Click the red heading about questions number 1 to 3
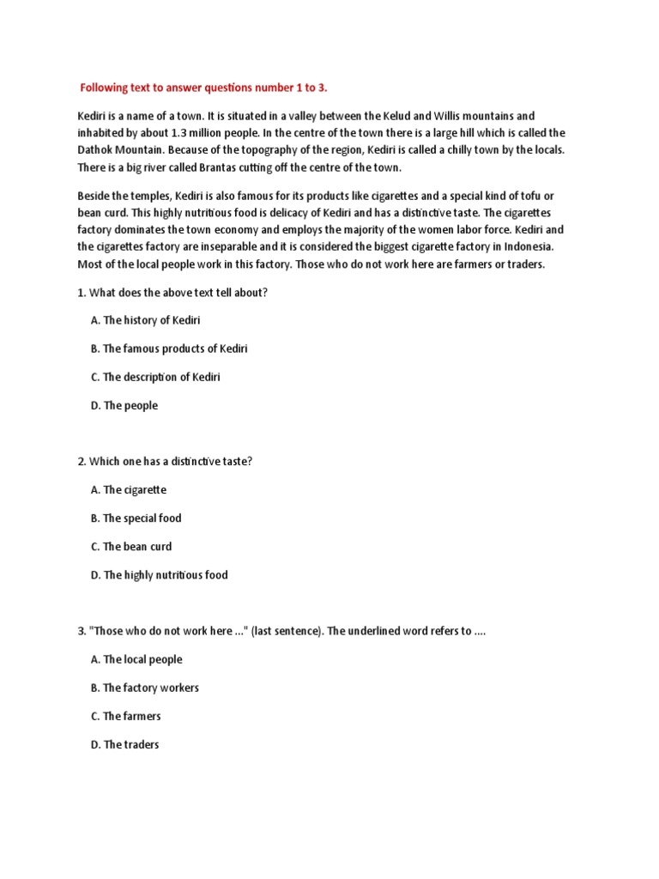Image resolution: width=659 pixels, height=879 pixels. [x=203, y=87]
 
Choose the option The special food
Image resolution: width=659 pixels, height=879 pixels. [x=136, y=518]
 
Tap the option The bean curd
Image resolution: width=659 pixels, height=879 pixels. [x=130, y=547]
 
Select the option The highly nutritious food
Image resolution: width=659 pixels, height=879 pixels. [x=159, y=575]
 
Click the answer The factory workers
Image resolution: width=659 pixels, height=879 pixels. [x=144, y=688]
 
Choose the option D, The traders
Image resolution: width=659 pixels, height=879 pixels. [x=124, y=744]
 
